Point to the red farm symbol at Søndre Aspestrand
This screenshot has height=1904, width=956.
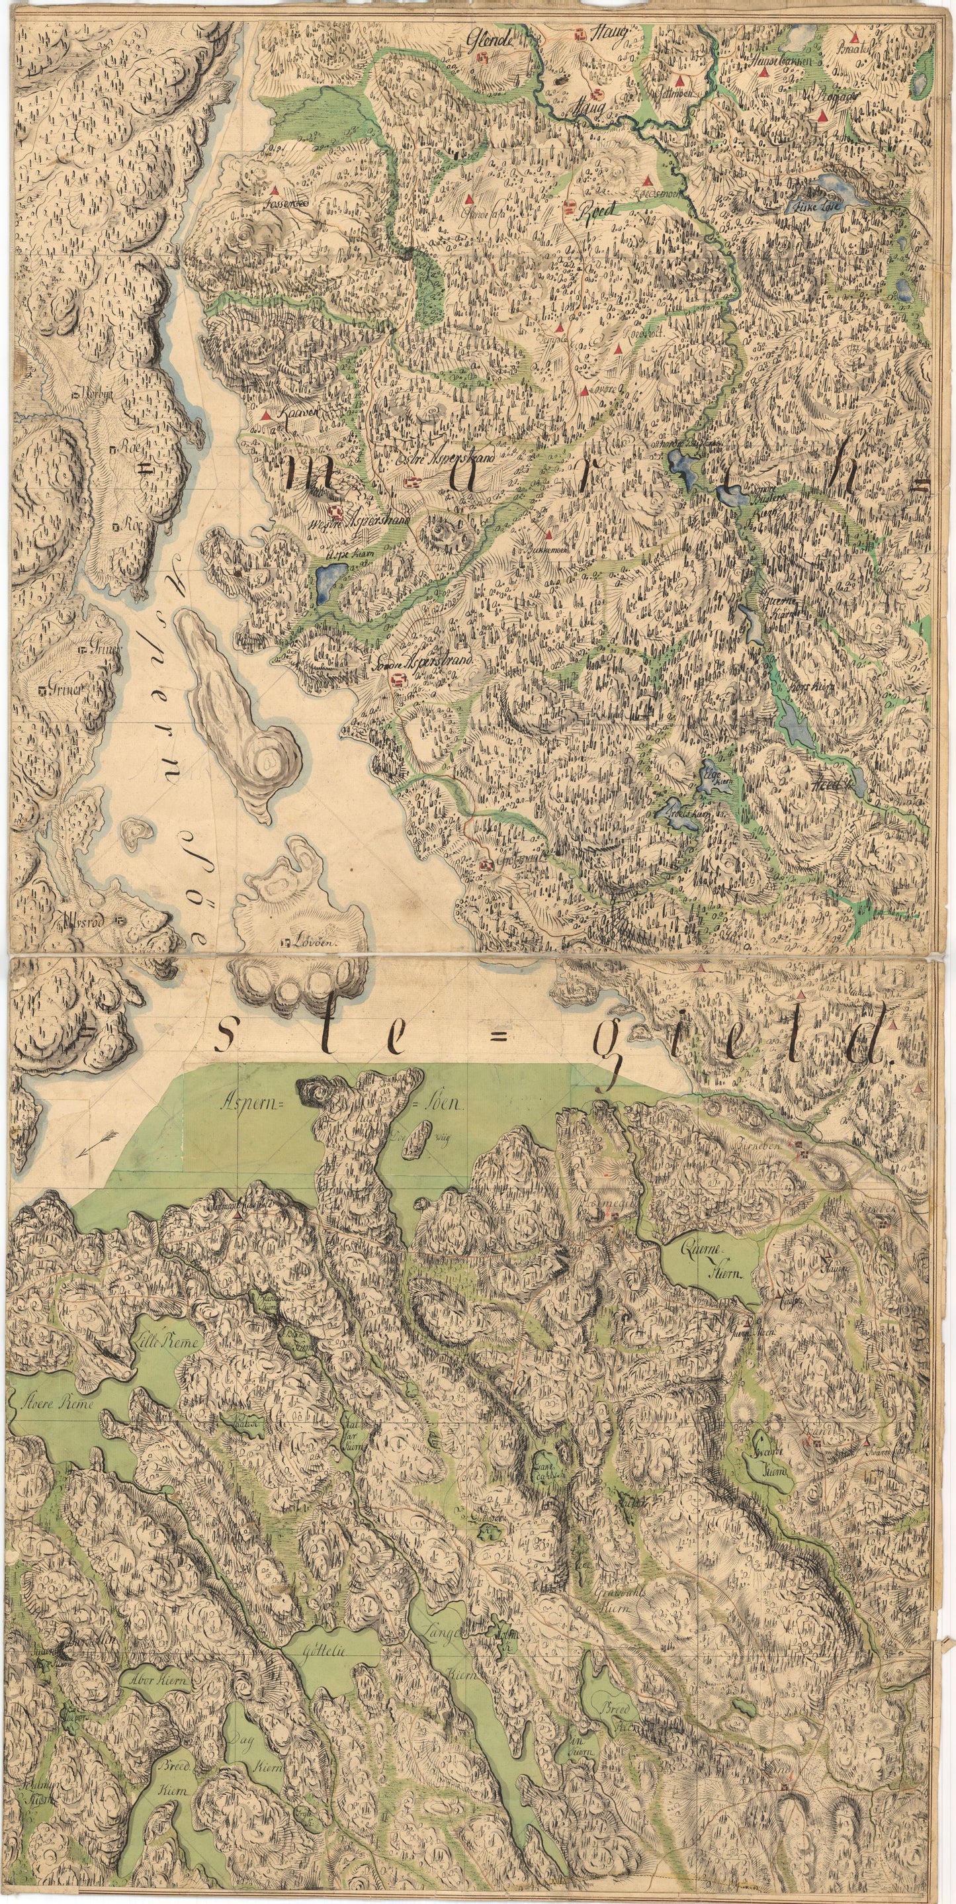pos(398,679)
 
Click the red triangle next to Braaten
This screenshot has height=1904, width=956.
pos(855,36)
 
